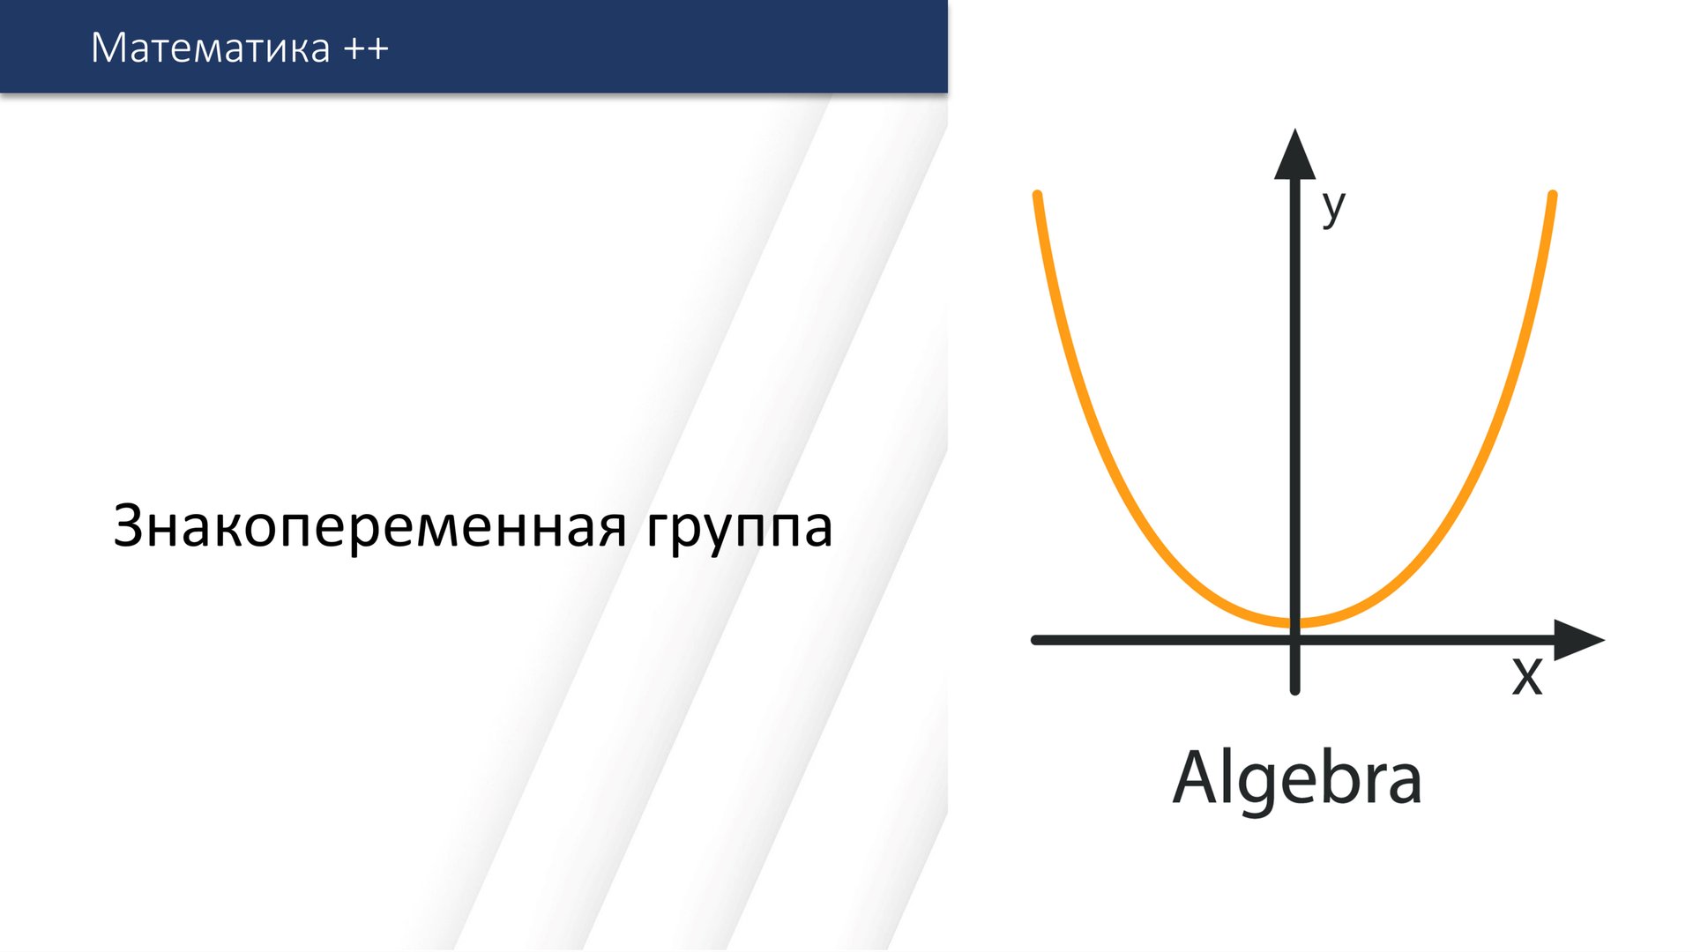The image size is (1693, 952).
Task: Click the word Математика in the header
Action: point(210,48)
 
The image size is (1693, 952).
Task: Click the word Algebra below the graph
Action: point(1296,778)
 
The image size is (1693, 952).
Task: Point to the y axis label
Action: point(1333,207)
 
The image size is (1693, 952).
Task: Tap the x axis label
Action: point(1527,676)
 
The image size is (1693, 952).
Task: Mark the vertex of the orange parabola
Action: point(1294,623)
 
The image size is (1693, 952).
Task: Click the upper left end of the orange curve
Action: point(1038,196)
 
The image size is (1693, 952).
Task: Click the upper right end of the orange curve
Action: point(1552,196)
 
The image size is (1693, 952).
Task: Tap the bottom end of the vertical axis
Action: point(1294,689)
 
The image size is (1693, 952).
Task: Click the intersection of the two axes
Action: point(1294,640)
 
